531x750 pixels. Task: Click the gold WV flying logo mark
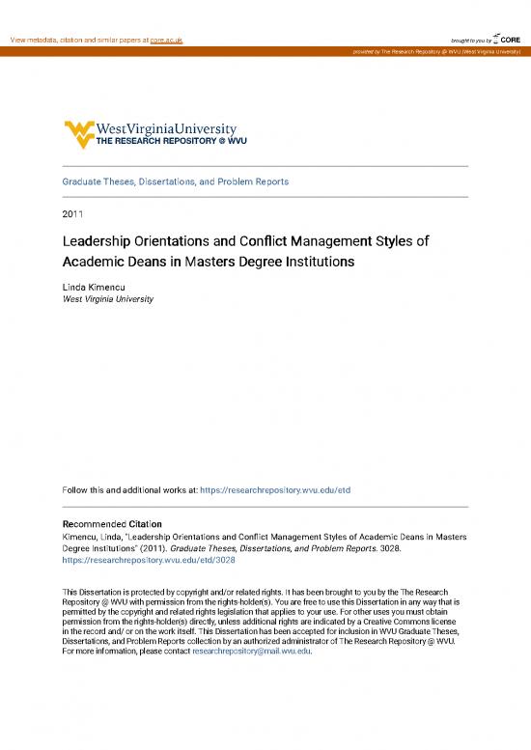click(77, 131)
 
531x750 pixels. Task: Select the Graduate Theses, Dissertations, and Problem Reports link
click(176, 181)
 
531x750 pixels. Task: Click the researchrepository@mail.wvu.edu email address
click(251, 652)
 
